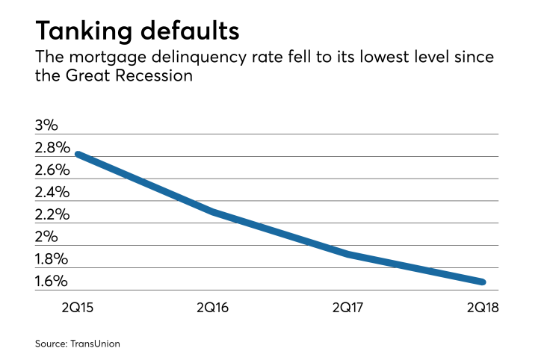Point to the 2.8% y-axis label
[52, 147]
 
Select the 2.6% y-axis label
[52, 170]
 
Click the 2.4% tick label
[52, 192]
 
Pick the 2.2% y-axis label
[52, 214]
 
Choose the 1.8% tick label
[52, 259]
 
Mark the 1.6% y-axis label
[52, 282]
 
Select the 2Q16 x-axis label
[213, 307]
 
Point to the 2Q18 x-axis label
[482, 307]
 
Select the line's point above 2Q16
[213, 212]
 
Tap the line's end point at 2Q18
[482, 282]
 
